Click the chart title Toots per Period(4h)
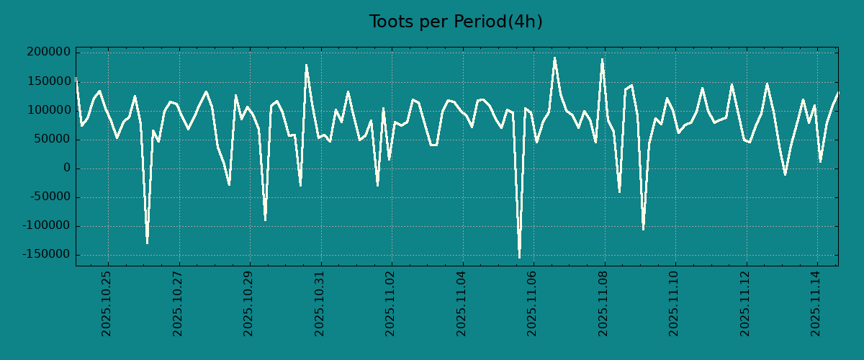[456, 22]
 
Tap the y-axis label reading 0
[67, 168]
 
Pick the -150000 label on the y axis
[48, 255]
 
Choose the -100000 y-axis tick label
[48, 226]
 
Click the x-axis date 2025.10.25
[107, 303]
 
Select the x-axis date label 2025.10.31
[320, 303]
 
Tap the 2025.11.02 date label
[390, 303]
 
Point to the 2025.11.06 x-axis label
[532, 303]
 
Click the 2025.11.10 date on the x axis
[674, 303]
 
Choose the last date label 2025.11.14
[816, 303]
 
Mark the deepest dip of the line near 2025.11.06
[519, 257]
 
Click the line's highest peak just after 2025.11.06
[554, 58]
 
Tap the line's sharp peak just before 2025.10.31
[306, 65]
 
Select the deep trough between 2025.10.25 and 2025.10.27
[147, 243]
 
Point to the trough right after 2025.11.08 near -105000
[643, 230]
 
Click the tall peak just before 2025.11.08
[602, 59]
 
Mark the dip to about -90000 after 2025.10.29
[265, 220]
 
